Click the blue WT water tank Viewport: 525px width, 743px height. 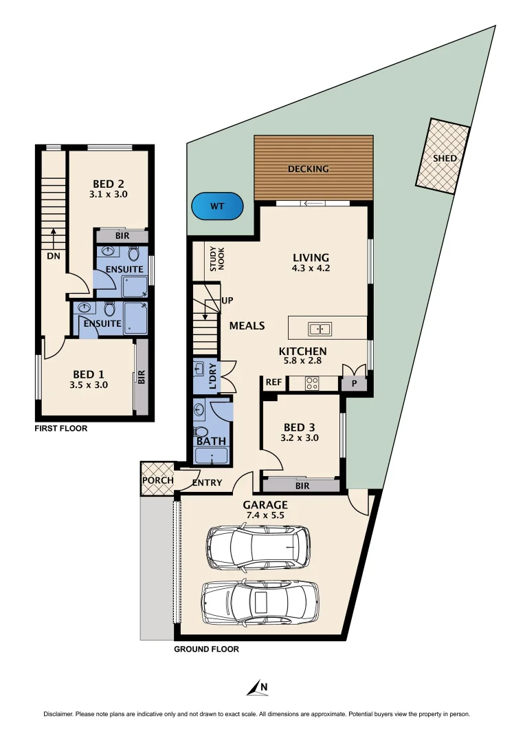pos(217,206)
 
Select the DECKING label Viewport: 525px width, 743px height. pos(308,169)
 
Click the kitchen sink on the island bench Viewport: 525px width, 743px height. pos(320,329)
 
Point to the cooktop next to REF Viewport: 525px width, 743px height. pos(312,383)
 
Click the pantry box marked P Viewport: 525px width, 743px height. pos(355,384)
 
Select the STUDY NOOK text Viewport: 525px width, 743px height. pos(217,259)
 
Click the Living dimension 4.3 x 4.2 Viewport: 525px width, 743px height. pos(311,268)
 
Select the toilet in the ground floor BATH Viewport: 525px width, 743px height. pos(201,431)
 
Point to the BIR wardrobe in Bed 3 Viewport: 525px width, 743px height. pos(302,486)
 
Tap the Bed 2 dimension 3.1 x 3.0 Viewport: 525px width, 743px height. pos(109,195)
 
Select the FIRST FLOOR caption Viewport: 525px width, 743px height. pos(61,428)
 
